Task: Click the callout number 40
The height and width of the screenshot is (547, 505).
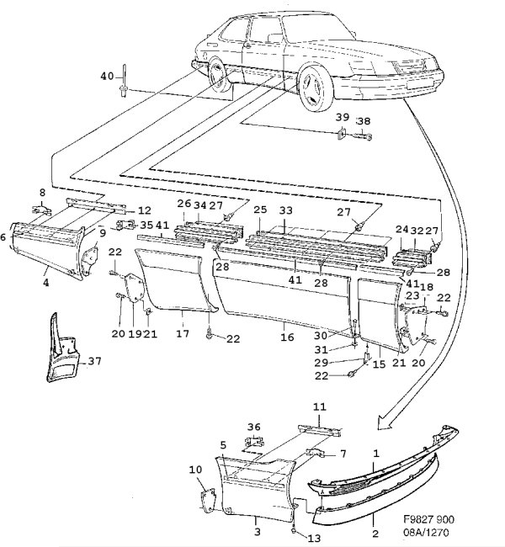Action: pos(107,76)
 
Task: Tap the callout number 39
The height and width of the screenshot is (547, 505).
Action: pos(343,117)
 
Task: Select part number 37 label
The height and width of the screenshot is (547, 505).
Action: pos(94,361)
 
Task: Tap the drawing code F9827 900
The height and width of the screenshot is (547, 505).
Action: pos(428,519)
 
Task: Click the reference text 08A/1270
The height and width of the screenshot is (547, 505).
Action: pos(426,533)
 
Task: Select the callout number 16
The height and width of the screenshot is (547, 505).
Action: pos(287,337)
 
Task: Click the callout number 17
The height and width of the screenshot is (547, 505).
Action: pos(183,333)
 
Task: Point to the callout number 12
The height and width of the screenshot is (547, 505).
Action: pos(144,210)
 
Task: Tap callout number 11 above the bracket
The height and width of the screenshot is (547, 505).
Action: pos(319,406)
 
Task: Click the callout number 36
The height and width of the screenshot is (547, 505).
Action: pos(254,427)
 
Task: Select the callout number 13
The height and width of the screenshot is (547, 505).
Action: pos(314,539)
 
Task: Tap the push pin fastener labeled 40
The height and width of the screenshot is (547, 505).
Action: pos(124,82)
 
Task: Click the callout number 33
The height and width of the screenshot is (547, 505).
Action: pos(285,210)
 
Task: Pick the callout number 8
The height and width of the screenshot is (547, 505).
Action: pos(42,192)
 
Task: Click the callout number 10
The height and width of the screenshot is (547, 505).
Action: pos(195,470)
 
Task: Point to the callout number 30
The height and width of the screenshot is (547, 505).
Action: pos(321,335)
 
